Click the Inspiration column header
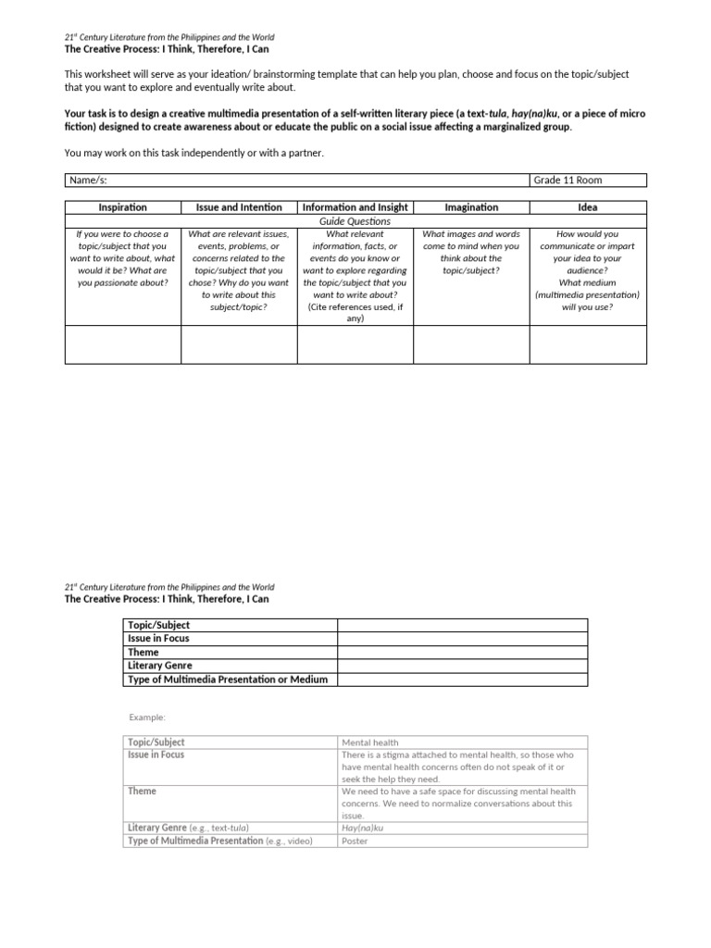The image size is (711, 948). (x=122, y=207)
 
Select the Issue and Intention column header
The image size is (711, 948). (x=238, y=207)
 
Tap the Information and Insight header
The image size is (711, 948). (x=355, y=207)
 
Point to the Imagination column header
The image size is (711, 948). (x=471, y=207)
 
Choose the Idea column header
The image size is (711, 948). (x=588, y=207)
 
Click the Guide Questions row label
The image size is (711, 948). (x=355, y=221)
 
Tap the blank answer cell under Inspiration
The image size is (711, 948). (x=122, y=344)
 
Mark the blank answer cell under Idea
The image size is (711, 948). (x=588, y=344)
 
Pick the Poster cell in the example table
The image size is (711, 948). (x=355, y=841)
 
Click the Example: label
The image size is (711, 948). (x=146, y=717)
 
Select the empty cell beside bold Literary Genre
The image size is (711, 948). (x=462, y=666)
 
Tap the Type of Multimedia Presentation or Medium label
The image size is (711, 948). (x=227, y=680)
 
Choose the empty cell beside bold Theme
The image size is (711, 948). (x=462, y=652)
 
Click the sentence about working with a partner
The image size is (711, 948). (x=194, y=152)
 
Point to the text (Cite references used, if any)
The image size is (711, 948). (x=355, y=313)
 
